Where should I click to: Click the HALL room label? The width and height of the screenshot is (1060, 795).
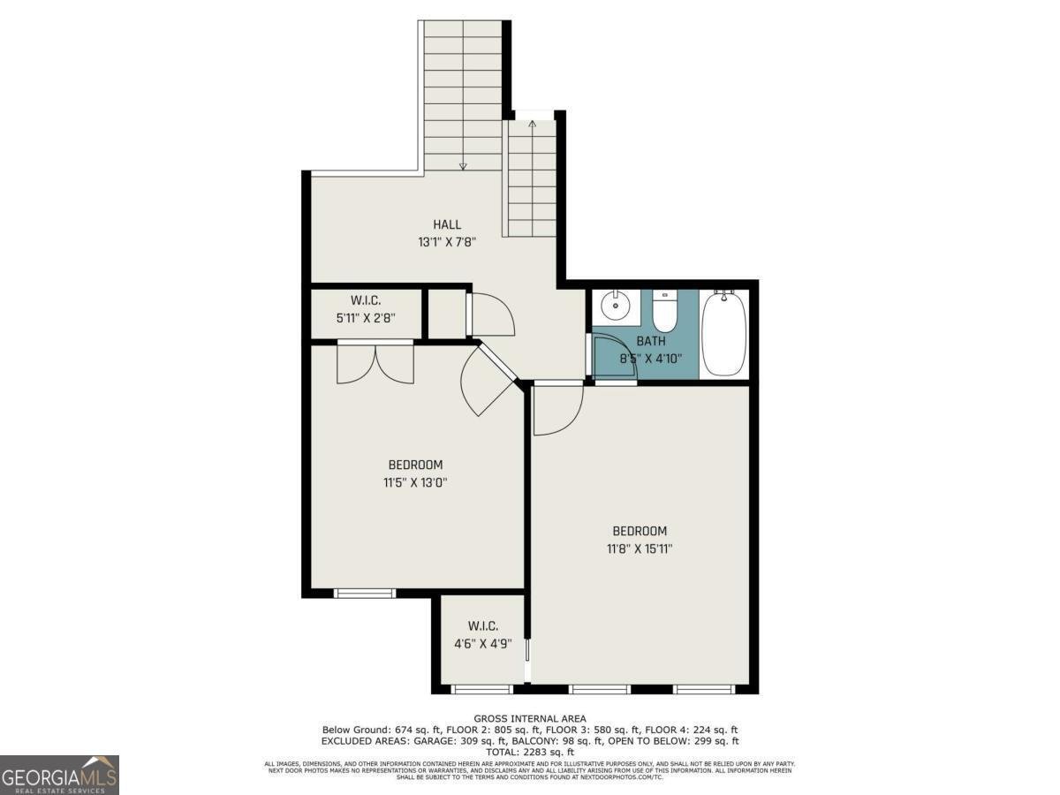pyautogui.click(x=447, y=224)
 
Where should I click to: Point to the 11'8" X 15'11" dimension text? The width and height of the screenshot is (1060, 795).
pyautogui.click(x=640, y=549)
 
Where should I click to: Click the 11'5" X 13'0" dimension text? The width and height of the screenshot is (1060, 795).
pyautogui.click(x=415, y=482)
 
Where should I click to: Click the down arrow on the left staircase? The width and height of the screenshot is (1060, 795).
pyautogui.click(x=462, y=165)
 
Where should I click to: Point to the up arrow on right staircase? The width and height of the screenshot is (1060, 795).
pyautogui.click(x=532, y=125)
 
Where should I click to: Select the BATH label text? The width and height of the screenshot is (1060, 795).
pyautogui.click(x=651, y=341)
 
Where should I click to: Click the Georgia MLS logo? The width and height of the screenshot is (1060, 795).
pyautogui.click(x=59, y=775)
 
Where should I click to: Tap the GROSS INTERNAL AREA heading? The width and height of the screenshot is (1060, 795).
pyautogui.click(x=530, y=718)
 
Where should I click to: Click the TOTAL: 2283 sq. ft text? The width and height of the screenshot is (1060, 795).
pyautogui.click(x=530, y=752)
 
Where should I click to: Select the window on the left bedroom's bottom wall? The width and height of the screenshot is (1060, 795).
pyautogui.click(x=365, y=592)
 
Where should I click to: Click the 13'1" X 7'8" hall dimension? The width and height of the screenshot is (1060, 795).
pyautogui.click(x=447, y=241)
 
